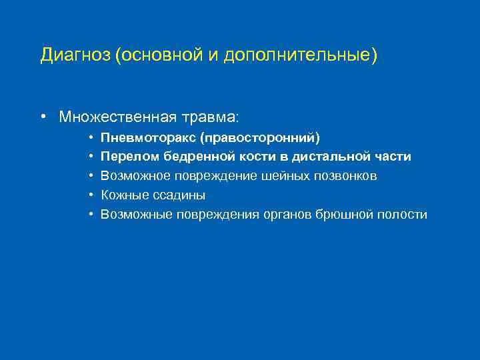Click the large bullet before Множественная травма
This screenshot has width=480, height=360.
(42, 117)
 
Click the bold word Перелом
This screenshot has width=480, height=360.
(131, 157)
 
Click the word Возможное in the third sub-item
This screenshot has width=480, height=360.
(135, 176)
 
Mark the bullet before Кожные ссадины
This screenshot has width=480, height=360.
(90, 195)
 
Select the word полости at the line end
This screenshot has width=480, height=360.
(404, 215)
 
